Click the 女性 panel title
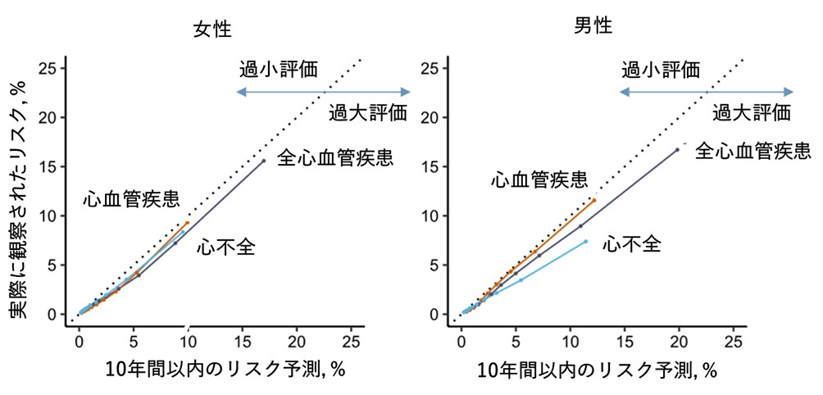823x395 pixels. pos(212,30)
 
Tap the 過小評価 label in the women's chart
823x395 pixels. pos(278,68)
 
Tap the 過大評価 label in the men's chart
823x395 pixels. pos(751,112)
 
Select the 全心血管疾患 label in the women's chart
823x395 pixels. pos(336,157)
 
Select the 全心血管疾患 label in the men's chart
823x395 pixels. pos(753,151)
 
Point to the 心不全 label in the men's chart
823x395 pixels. pos(631,243)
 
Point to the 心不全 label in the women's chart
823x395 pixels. pos(225,247)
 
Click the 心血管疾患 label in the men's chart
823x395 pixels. pos(539,179)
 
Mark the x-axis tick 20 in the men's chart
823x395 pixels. pos(677,341)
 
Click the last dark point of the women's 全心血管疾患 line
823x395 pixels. pos(263,161)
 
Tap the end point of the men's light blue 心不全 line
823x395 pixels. pos(585,241)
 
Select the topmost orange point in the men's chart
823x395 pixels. pos(593,200)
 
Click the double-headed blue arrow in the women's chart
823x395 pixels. pos(323,92)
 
